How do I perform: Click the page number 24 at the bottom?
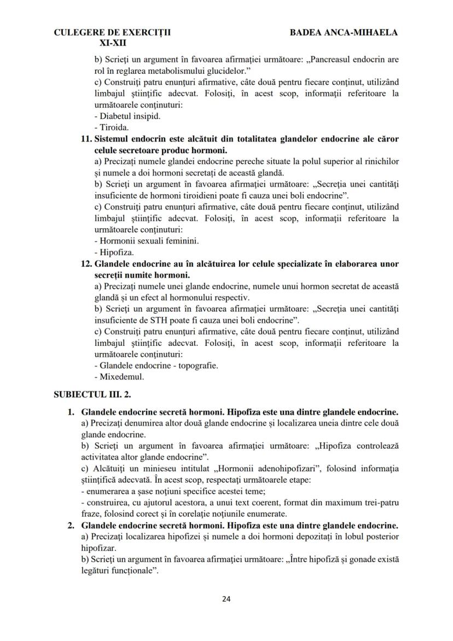(x=226, y=599)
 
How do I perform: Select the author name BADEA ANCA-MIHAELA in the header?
(x=344, y=32)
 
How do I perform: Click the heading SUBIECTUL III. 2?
(x=92, y=394)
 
